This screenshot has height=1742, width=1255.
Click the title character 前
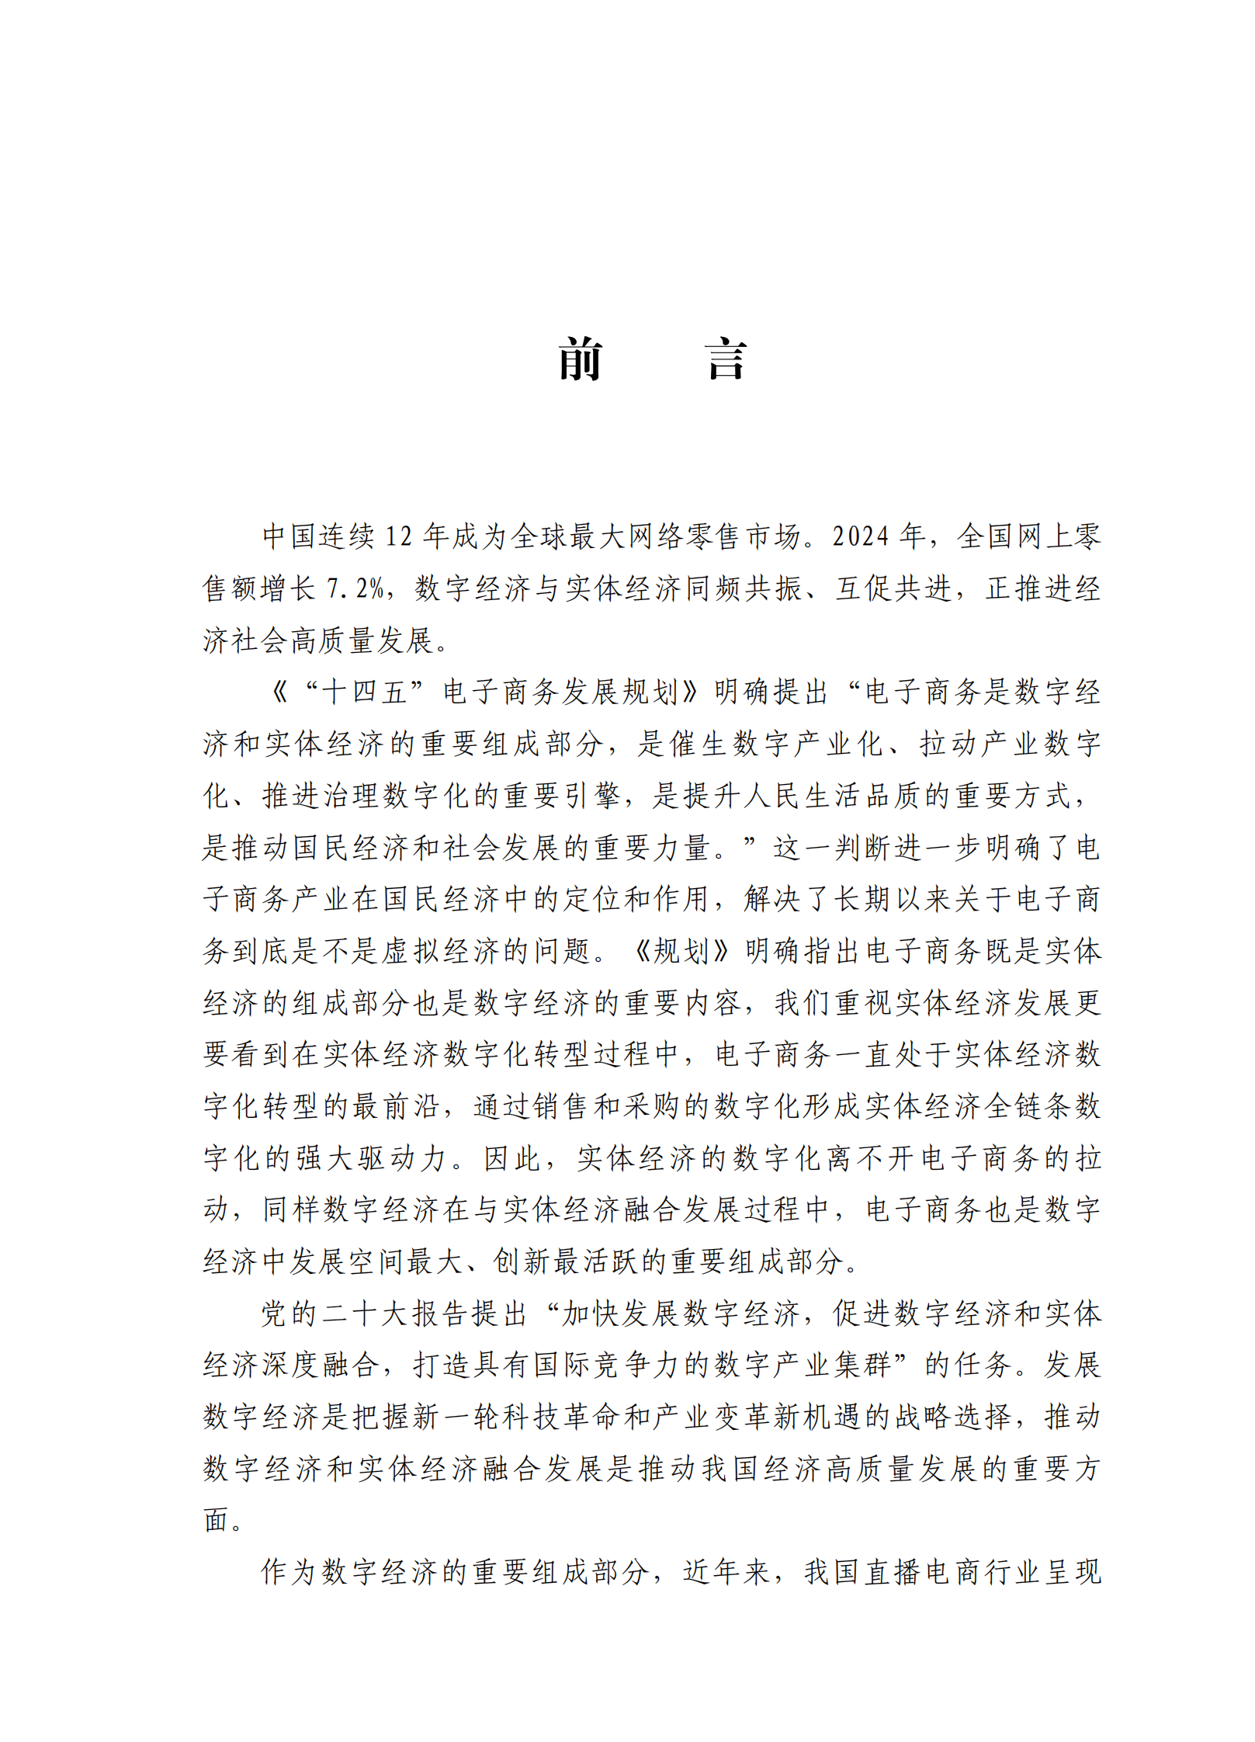(x=580, y=359)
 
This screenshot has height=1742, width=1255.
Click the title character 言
(x=726, y=359)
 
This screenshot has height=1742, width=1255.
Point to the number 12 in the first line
(x=398, y=536)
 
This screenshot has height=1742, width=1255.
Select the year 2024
(x=860, y=536)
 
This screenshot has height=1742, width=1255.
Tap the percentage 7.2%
(x=355, y=588)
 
